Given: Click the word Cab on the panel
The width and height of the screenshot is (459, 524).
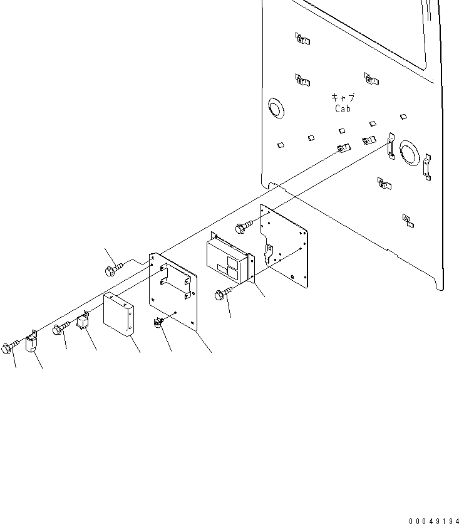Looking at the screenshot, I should [343, 108].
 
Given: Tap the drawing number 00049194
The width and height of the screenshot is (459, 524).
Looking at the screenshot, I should [433, 521].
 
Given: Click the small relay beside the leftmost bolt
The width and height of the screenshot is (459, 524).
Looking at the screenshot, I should [31, 343].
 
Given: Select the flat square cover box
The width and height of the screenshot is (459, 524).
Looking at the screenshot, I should [119, 315].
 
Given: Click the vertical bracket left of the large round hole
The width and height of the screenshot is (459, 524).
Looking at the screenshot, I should [389, 146].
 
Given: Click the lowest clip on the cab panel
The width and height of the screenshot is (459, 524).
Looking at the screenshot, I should [407, 219].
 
